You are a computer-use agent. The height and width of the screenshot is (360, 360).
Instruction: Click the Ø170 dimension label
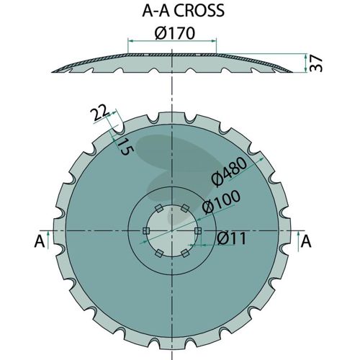click(175, 33)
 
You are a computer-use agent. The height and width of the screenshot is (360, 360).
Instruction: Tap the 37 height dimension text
click(316, 63)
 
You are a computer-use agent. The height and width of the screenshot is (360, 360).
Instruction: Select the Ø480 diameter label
click(228, 171)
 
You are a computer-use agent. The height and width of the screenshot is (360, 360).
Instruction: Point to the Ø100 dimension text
click(221, 202)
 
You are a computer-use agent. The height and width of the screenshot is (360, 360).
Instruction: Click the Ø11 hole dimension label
click(232, 238)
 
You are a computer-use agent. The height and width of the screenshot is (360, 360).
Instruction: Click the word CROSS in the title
click(199, 10)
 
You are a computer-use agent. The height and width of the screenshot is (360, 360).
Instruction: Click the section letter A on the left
click(40, 241)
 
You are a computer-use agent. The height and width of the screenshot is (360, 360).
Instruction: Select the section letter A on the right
click(306, 241)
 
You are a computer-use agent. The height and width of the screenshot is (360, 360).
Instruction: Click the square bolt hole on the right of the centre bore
click(198, 231)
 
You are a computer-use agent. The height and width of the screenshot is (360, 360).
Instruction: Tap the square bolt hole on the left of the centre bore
click(146, 231)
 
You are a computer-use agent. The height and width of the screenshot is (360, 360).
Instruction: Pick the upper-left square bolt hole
click(158, 208)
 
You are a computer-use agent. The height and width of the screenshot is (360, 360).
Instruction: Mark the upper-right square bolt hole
click(184, 208)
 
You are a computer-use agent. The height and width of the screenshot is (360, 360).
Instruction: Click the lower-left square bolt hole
click(159, 253)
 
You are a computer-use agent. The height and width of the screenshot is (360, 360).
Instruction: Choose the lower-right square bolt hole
click(185, 253)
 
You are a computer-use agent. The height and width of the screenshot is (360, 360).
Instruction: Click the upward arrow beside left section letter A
click(48, 240)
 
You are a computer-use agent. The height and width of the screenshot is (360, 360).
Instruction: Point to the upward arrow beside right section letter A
click(298, 241)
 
